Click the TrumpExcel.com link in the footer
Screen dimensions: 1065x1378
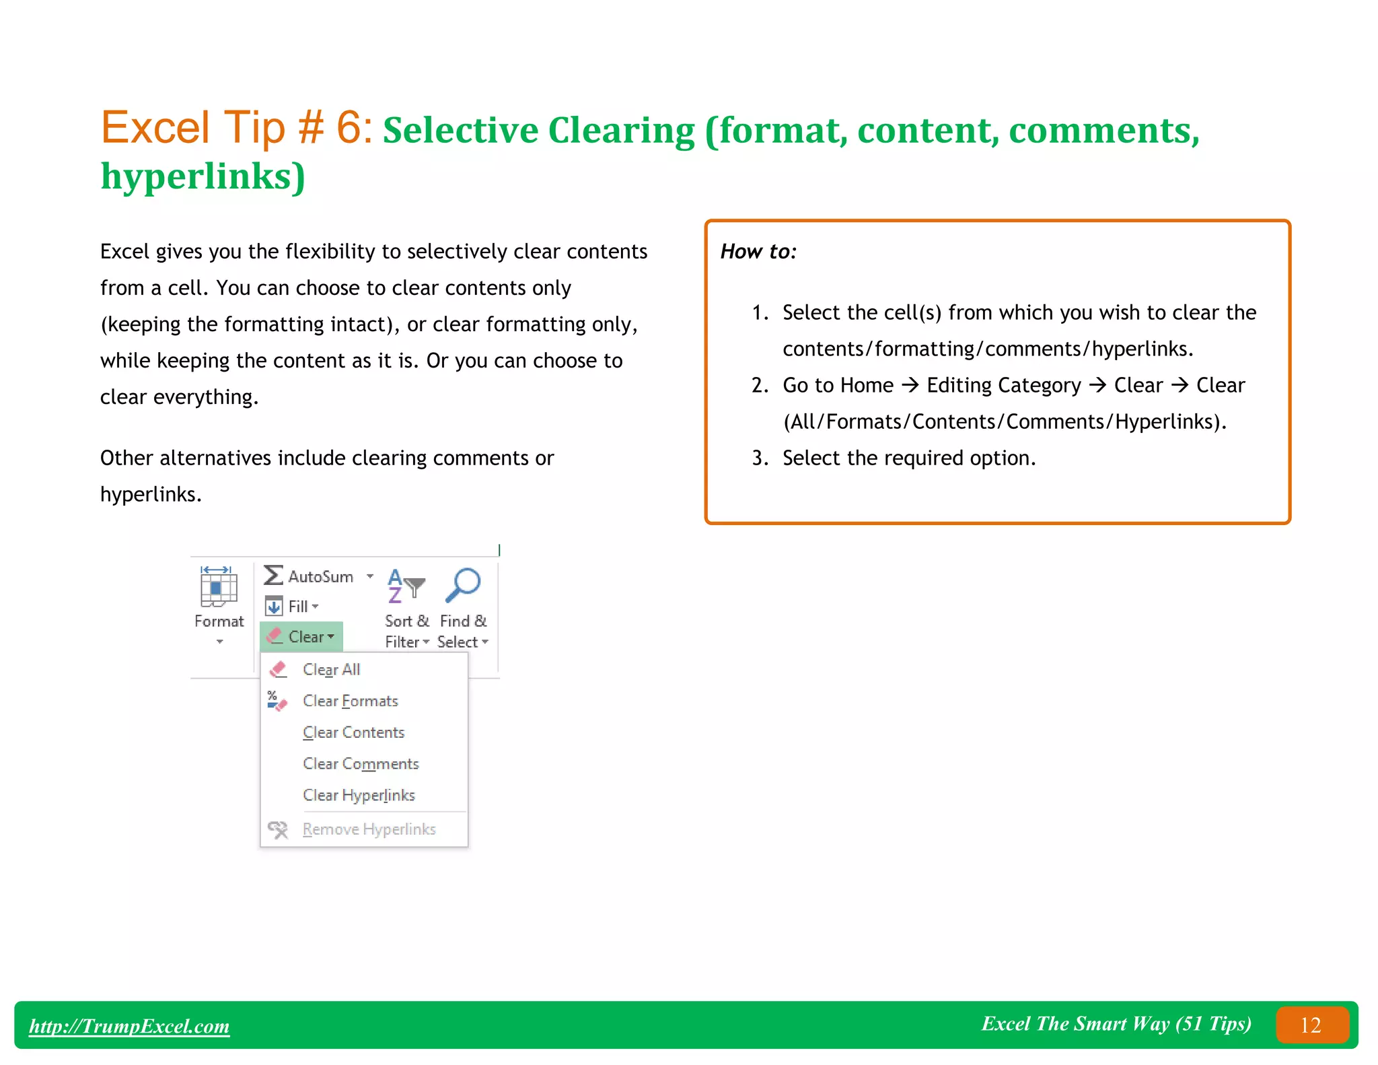(x=129, y=1025)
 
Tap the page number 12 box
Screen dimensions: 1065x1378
(x=1311, y=1025)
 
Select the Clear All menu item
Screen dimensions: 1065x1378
(x=331, y=669)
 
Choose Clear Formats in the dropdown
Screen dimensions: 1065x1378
(x=350, y=701)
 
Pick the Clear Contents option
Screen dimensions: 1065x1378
(x=353, y=732)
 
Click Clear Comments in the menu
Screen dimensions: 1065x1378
(x=361, y=763)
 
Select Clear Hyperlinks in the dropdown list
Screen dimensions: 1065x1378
(x=359, y=795)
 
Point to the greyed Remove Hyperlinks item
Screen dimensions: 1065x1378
(x=369, y=829)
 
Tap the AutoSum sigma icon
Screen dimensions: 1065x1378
(x=273, y=576)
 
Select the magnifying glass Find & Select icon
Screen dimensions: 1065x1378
(x=463, y=584)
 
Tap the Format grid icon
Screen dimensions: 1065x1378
(x=218, y=586)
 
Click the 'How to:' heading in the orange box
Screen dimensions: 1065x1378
(x=758, y=251)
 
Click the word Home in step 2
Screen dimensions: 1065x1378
(x=867, y=385)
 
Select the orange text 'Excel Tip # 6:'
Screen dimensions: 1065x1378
(x=237, y=128)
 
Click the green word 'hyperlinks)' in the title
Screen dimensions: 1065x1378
(x=203, y=176)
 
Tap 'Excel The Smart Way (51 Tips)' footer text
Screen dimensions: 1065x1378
(x=1116, y=1023)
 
